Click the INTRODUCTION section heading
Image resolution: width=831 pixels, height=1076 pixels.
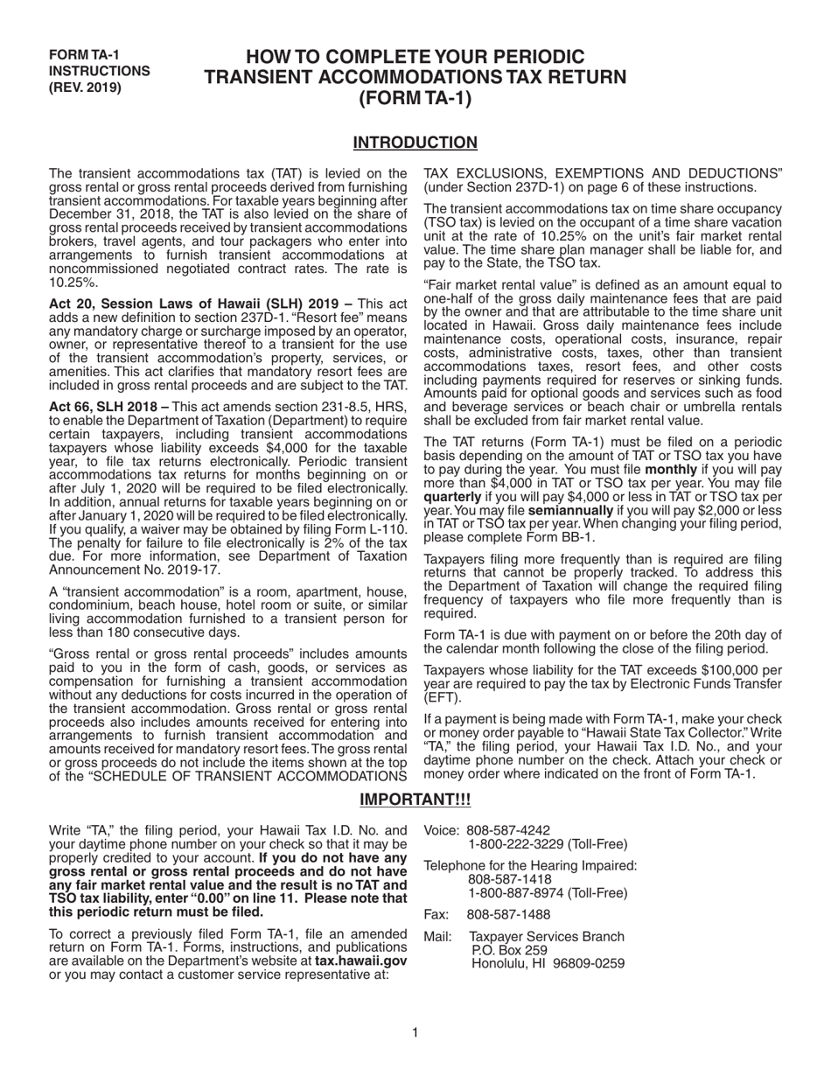[415, 143]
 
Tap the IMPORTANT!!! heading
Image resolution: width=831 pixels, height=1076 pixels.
[415, 800]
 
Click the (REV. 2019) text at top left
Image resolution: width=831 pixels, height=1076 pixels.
[86, 87]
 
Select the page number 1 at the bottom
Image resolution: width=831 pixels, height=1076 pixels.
[415, 1033]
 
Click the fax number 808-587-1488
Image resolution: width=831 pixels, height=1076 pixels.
[508, 914]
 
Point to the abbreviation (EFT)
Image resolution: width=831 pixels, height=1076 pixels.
[442, 698]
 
